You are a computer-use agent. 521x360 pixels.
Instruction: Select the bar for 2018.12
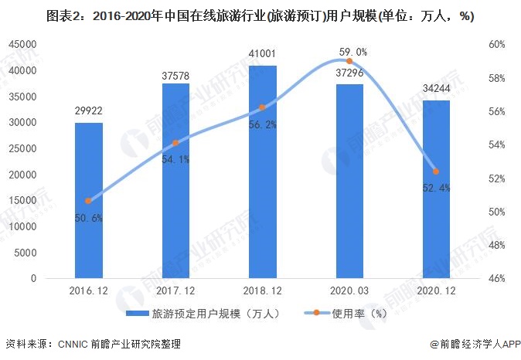coord(262,171)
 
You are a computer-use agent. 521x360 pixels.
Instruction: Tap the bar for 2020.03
coord(349,181)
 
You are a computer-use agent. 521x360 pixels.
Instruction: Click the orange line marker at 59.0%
coord(349,61)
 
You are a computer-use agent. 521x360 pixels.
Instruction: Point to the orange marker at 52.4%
coord(436,172)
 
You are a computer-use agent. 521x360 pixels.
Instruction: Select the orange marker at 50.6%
coord(88,201)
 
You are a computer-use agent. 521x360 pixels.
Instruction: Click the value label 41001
coord(262,55)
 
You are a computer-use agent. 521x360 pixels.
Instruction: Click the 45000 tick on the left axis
coord(22,45)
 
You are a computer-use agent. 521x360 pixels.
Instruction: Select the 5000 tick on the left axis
coord(26,253)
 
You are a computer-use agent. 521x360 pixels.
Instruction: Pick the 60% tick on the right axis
coord(497,45)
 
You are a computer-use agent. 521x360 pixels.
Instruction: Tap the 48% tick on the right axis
coord(497,245)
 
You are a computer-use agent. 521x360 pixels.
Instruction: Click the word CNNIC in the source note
coord(72,345)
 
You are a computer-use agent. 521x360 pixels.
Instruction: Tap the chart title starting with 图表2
coord(260,15)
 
